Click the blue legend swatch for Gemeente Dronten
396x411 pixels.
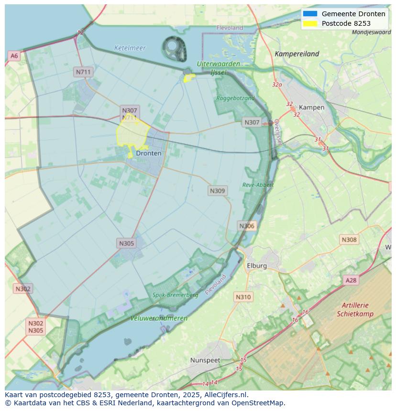(310, 14)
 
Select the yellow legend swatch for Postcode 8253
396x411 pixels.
(310, 23)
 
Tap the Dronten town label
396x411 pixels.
(149, 153)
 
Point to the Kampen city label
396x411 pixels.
(311, 107)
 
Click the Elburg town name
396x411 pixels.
(256, 265)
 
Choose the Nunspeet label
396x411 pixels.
(206, 360)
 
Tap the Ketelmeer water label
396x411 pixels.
(130, 48)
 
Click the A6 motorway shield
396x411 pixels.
(14, 56)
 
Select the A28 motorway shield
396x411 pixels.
(351, 280)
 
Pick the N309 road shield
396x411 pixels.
(217, 190)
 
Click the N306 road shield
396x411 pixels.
(247, 226)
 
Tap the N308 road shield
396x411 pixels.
(349, 240)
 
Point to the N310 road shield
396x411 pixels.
(243, 297)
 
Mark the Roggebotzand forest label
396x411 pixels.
(235, 98)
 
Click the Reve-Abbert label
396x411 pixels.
(258, 185)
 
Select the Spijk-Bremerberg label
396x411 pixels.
(175, 295)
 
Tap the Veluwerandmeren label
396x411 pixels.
(159, 318)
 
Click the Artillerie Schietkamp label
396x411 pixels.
(355, 309)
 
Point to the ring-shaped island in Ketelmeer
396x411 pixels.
(174, 48)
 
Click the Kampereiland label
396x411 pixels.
(297, 54)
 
